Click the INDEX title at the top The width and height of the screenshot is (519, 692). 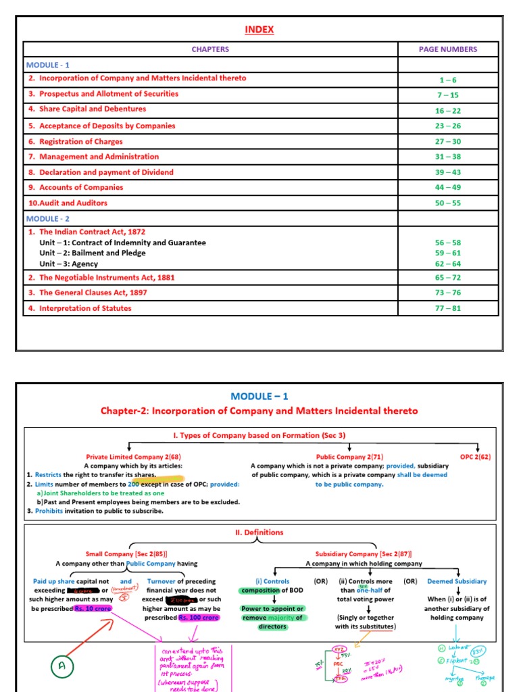point(260,30)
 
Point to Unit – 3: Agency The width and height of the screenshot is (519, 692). point(68,264)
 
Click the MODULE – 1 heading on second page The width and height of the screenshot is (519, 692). point(259,396)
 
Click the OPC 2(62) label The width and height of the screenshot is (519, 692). point(475,457)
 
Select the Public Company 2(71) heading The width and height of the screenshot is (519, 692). point(349,457)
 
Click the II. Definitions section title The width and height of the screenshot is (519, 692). point(259,533)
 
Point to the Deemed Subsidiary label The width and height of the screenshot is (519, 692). point(457,581)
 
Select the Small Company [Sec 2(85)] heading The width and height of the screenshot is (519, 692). point(126,553)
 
